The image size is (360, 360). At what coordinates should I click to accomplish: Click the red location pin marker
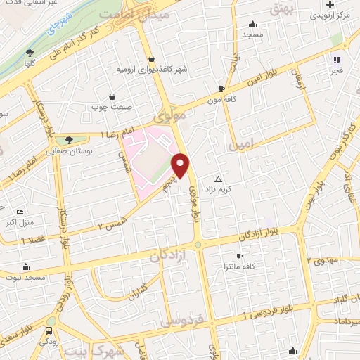(181, 165)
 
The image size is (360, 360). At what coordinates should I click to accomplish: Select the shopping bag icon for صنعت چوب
(111, 97)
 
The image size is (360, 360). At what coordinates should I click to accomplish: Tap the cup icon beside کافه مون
(222, 89)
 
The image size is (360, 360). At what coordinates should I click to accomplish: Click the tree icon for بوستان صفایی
(68, 140)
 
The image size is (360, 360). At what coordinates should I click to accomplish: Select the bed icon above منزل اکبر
(20, 212)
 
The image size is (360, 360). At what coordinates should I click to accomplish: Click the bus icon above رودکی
(49, 331)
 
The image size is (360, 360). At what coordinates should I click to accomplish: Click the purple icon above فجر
(336, 60)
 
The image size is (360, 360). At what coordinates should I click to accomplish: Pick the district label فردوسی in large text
(182, 321)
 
